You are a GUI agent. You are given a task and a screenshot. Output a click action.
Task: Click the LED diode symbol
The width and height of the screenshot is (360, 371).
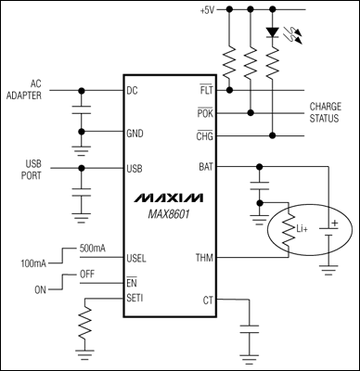click(272, 32)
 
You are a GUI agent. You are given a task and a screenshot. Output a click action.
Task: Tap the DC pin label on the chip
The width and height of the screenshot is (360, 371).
click(132, 91)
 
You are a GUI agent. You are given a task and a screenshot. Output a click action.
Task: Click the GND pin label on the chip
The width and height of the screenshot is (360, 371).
click(135, 133)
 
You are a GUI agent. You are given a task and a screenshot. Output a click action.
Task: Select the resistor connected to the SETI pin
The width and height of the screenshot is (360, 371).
click(84, 326)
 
